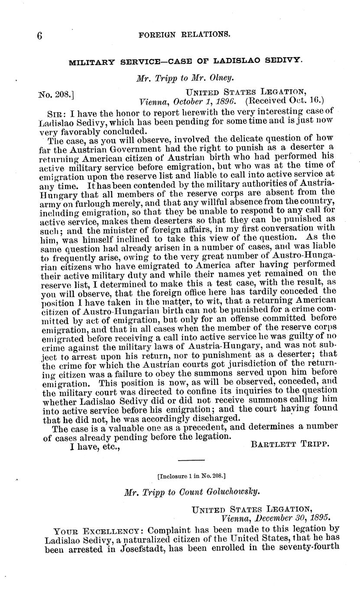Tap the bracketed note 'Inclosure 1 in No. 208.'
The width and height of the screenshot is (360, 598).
(x=191, y=476)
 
